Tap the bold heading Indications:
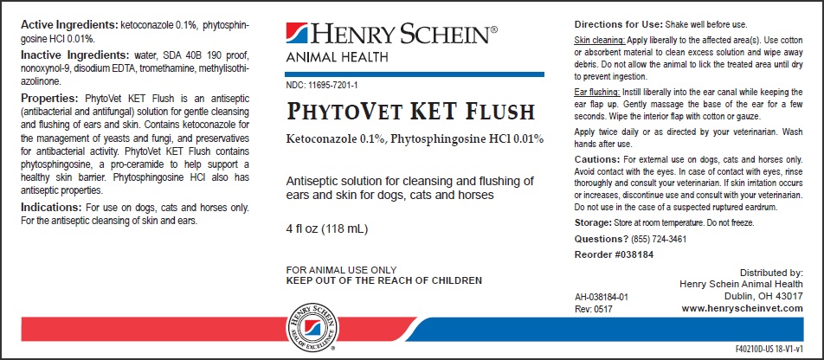[x=49, y=209]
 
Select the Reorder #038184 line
[x=614, y=256]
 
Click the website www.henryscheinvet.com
[x=742, y=308]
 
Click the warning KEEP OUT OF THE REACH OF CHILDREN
[x=383, y=280]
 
